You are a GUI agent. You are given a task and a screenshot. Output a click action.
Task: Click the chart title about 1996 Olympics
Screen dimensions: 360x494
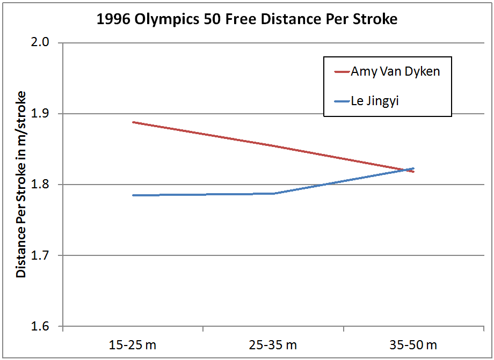pyautogui.click(x=246, y=20)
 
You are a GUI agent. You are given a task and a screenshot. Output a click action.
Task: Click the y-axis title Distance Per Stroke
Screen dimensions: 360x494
pyautogui.click(x=21, y=185)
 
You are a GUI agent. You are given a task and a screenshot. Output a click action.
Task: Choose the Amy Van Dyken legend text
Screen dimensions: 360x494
pyautogui.click(x=395, y=72)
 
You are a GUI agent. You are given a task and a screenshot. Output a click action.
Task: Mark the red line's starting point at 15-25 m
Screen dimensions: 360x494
pyautogui.click(x=133, y=122)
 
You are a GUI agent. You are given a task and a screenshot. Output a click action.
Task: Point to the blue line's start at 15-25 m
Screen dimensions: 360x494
pyautogui.click(x=133, y=195)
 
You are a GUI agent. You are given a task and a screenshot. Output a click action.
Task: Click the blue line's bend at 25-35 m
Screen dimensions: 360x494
pyautogui.click(x=273, y=193)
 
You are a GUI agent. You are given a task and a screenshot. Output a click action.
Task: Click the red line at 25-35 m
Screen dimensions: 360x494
pyautogui.click(x=273, y=145)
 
